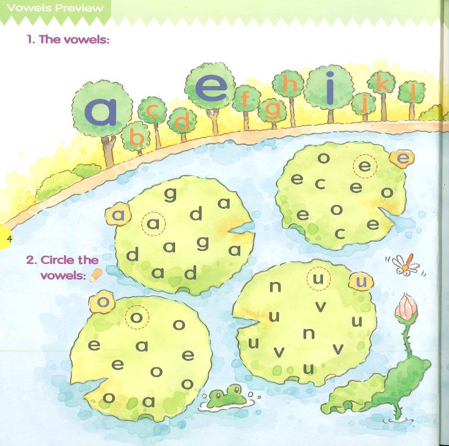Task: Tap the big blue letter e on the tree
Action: (x=211, y=88)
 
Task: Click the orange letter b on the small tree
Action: (x=136, y=138)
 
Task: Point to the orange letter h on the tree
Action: (x=289, y=84)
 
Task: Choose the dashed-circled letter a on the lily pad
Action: (x=153, y=223)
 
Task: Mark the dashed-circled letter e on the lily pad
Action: (x=365, y=166)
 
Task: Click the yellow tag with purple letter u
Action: (x=361, y=281)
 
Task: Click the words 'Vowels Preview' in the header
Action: (x=56, y=8)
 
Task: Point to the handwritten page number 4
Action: (x=9, y=239)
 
